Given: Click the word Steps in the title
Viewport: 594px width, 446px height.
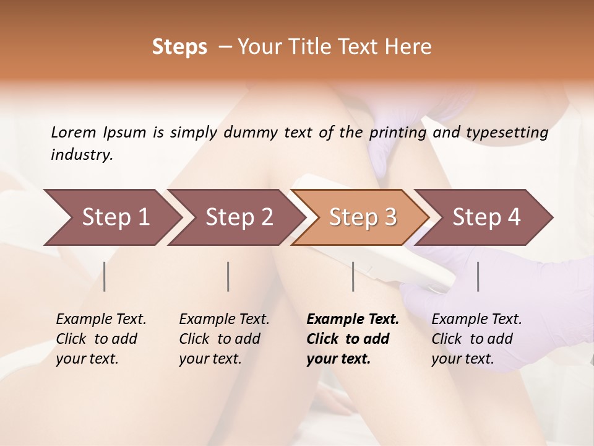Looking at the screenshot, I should [x=179, y=47].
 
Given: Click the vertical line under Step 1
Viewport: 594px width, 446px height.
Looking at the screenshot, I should [x=105, y=276].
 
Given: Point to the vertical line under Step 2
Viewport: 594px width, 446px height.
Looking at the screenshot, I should [x=228, y=276].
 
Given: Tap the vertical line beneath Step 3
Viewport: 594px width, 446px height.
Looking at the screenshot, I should [x=353, y=276].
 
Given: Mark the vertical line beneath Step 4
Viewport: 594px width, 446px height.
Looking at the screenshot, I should [x=478, y=276].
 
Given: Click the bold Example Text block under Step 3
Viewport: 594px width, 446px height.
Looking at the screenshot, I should [x=353, y=339].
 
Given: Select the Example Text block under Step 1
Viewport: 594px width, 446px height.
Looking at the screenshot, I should [x=101, y=339].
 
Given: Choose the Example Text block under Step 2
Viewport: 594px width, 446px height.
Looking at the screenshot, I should [x=224, y=339].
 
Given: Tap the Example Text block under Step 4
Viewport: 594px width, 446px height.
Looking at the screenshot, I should [x=476, y=339].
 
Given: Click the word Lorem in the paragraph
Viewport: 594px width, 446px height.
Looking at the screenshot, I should [x=74, y=132].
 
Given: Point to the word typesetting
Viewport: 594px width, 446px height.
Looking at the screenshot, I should [x=507, y=133].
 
